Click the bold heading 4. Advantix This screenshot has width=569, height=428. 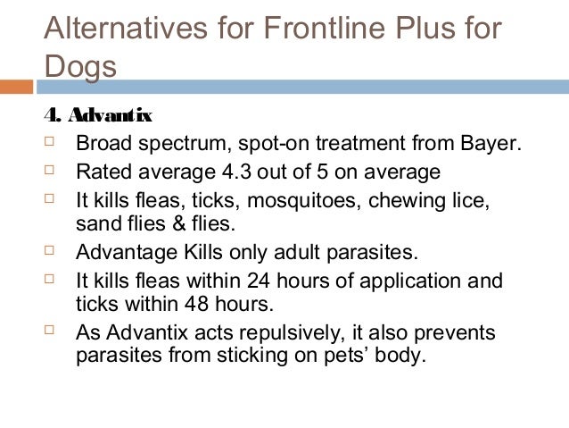(x=98, y=116)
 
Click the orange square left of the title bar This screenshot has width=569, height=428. (x=16, y=87)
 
